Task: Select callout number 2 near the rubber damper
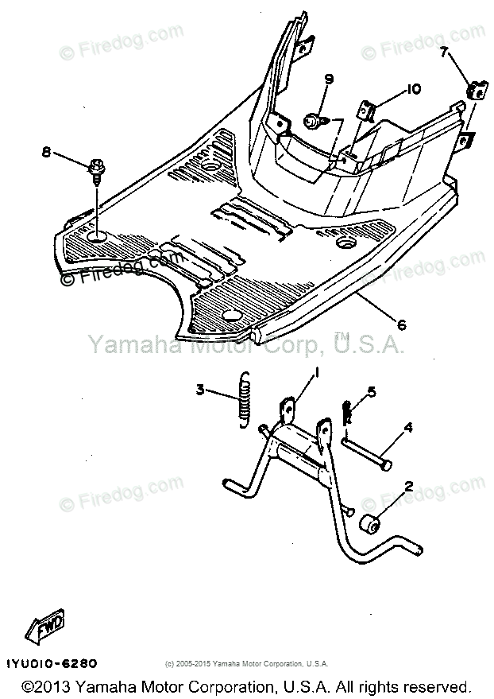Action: pyautogui.click(x=408, y=486)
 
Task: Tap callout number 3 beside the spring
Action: pyautogui.click(x=201, y=390)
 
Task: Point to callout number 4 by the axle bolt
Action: pyautogui.click(x=407, y=428)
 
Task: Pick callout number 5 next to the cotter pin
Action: pyautogui.click(x=370, y=391)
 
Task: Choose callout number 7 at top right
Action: pyautogui.click(x=444, y=53)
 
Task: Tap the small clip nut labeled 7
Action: pyautogui.click(x=477, y=91)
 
